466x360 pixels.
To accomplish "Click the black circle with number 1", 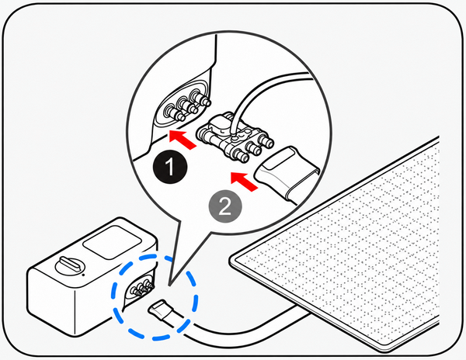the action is [170, 167].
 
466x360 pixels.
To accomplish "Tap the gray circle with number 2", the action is [225, 206].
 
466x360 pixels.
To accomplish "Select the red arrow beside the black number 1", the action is [183, 140].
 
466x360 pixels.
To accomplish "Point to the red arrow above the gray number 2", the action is [245, 181].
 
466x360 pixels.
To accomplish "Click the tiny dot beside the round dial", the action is [83, 275].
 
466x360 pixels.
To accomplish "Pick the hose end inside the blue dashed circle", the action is [163, 310].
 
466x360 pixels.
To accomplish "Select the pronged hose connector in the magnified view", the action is [235, 137].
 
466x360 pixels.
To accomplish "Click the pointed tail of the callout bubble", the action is [169, 286].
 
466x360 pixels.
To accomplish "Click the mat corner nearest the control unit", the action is [231, 261].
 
